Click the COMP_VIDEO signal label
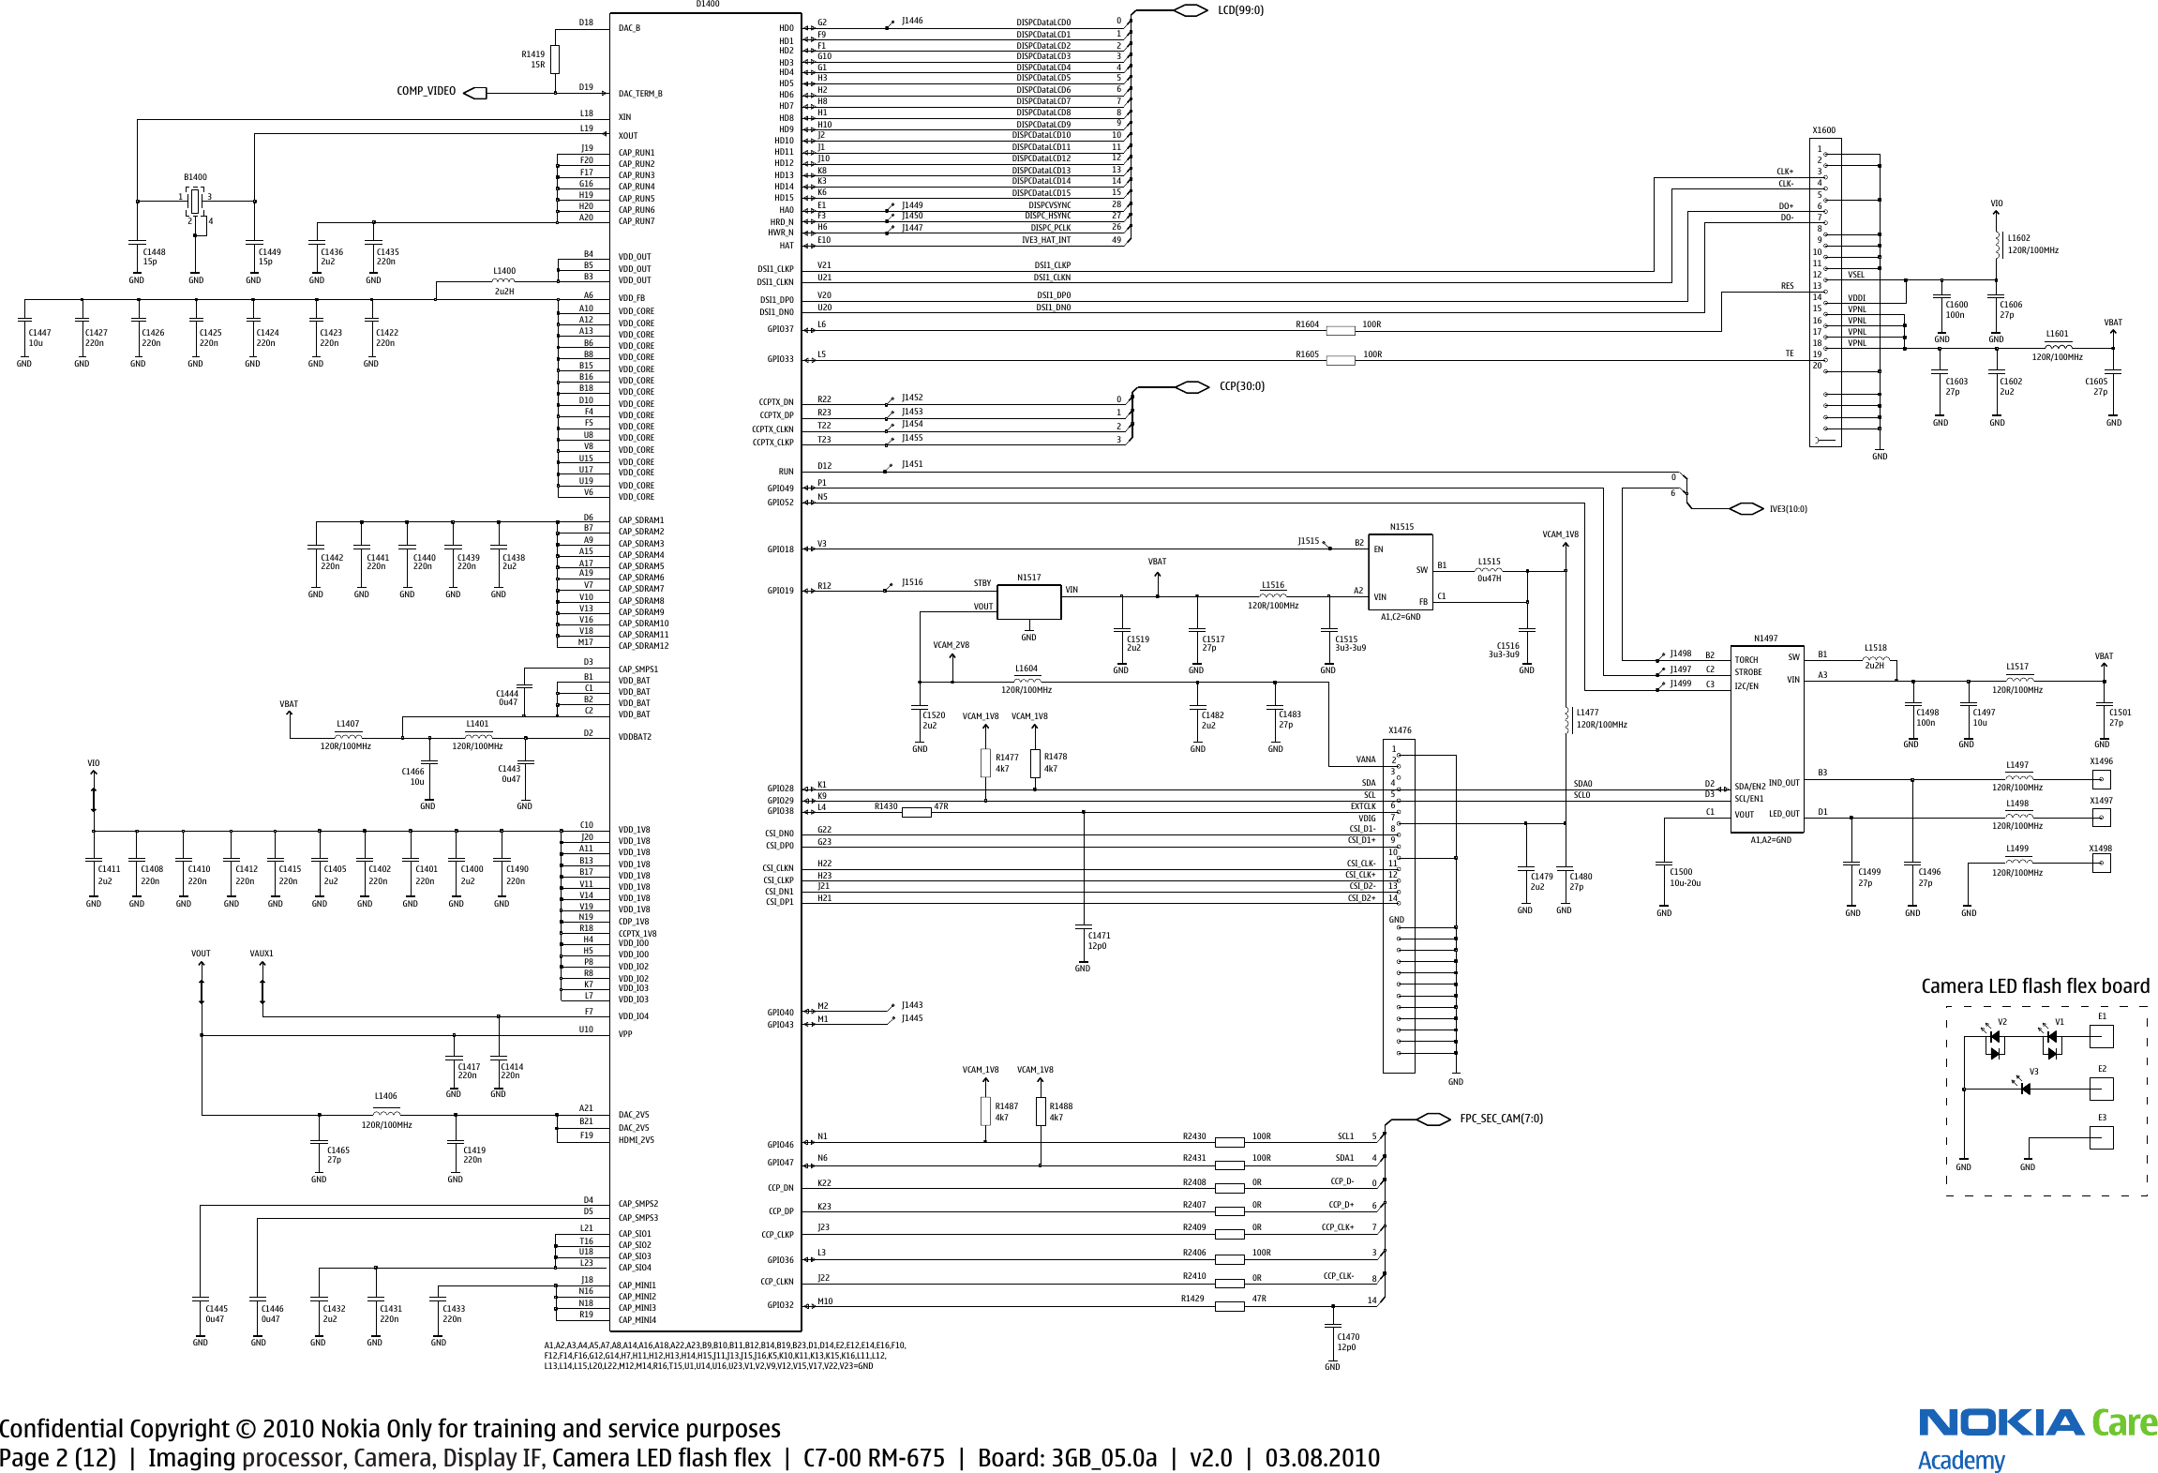click(427, 91)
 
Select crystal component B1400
click(195, 201)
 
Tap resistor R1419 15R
click(555, 59)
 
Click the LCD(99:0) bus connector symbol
click(1191, 10)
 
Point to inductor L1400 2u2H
click(504, 280)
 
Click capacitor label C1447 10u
click(39, 338)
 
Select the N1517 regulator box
click(1028, 602)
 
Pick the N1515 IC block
click(1401, 571)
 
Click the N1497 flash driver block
click(1766, 736)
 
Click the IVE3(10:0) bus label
click(1788, 509)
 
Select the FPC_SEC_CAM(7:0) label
click(1501, 1119)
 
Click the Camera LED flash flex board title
click(2035, 986)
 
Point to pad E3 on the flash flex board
click(2102, 1137)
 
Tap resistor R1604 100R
click(1340, 330)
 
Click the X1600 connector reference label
click(1823, 130)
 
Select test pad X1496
click(2102, 779)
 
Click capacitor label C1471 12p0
click(1099, 940)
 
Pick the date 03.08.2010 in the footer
click(1322, 1458)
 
